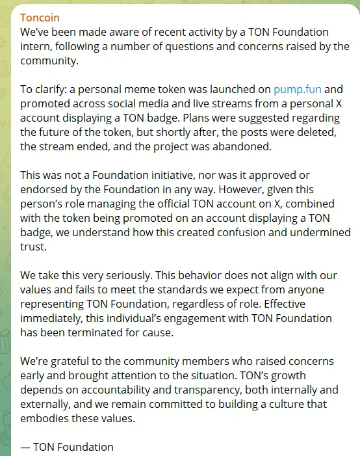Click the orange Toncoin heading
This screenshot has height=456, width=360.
[x=40, y=17]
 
